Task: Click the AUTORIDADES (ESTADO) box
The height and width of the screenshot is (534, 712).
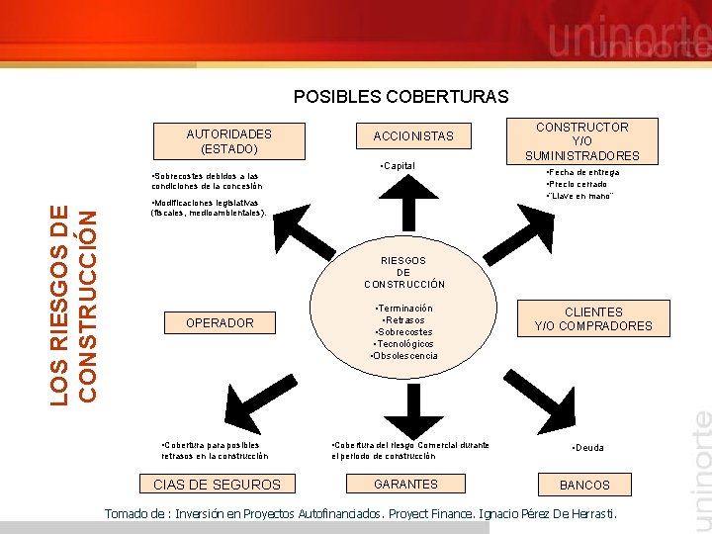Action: [228, 140]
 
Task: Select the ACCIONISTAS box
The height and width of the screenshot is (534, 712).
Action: [413, 135]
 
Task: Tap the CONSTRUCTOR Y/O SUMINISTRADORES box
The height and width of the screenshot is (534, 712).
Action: [582, 140]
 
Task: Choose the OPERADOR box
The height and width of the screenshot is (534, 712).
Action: [220, 322]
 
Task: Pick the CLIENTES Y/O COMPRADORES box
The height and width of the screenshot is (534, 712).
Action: [593, 318]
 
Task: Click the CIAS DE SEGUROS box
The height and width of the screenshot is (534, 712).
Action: [217, 484]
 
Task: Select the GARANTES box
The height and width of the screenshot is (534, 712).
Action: [405, 484]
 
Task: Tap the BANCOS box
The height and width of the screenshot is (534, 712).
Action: [584, 485]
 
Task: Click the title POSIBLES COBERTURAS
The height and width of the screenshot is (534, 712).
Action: [400, 97]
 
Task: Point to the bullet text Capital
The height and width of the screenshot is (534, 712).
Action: [399, 165]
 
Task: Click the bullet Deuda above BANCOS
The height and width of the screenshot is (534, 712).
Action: [588, 448]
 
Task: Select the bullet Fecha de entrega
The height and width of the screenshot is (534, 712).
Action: [583, 172]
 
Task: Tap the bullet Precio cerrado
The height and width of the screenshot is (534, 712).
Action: [578, 184]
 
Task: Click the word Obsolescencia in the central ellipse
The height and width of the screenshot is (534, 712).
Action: [404, 356]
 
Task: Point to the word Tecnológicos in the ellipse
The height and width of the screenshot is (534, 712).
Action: [404, 344]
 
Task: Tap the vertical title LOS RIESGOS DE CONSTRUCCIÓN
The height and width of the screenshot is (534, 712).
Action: [74, 302]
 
